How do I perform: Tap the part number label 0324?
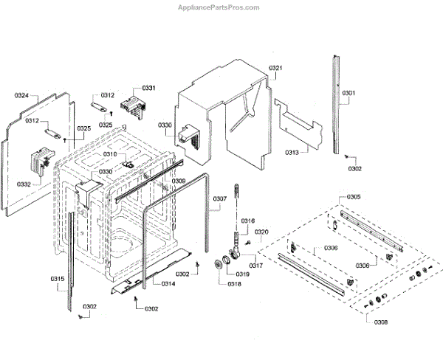pos(22,96)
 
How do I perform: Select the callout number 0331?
pos(149,88)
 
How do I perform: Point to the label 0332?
pos(24,184)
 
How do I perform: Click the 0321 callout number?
pos(275,69)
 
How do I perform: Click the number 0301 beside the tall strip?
pos(348,93)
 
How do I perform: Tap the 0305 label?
pos(354,197)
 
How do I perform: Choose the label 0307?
pos(220,199)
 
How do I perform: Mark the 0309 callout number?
pos(179,181)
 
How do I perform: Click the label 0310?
pos(109,154)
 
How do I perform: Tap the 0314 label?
pos(168,284)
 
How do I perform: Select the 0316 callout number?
pos(248,221)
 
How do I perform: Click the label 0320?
pos(262,232)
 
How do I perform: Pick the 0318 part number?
pos(234,283)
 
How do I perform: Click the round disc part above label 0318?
pos(220,266)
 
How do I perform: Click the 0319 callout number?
pos(242,274)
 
